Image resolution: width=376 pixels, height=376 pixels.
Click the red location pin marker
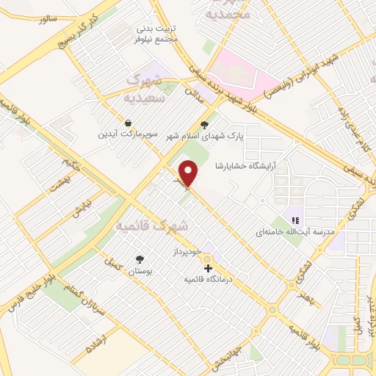189,173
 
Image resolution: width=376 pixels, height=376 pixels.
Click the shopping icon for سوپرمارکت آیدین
129,122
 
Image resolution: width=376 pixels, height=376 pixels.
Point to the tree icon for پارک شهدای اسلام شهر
204,125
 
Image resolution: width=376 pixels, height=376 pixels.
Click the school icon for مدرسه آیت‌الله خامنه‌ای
295,220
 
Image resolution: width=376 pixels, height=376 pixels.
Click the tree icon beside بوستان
140,259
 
